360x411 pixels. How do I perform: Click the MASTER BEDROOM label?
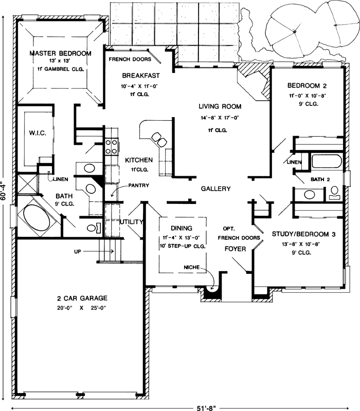(x=60, y=53)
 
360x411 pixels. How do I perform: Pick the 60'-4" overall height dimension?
(x=4, y=193)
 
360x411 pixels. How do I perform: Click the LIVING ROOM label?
(x=220, y=107)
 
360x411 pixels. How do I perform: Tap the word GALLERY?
(x=215, y=189)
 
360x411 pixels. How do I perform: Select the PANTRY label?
(x=139, y=185)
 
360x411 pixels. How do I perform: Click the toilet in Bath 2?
(x=334, y=192)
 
